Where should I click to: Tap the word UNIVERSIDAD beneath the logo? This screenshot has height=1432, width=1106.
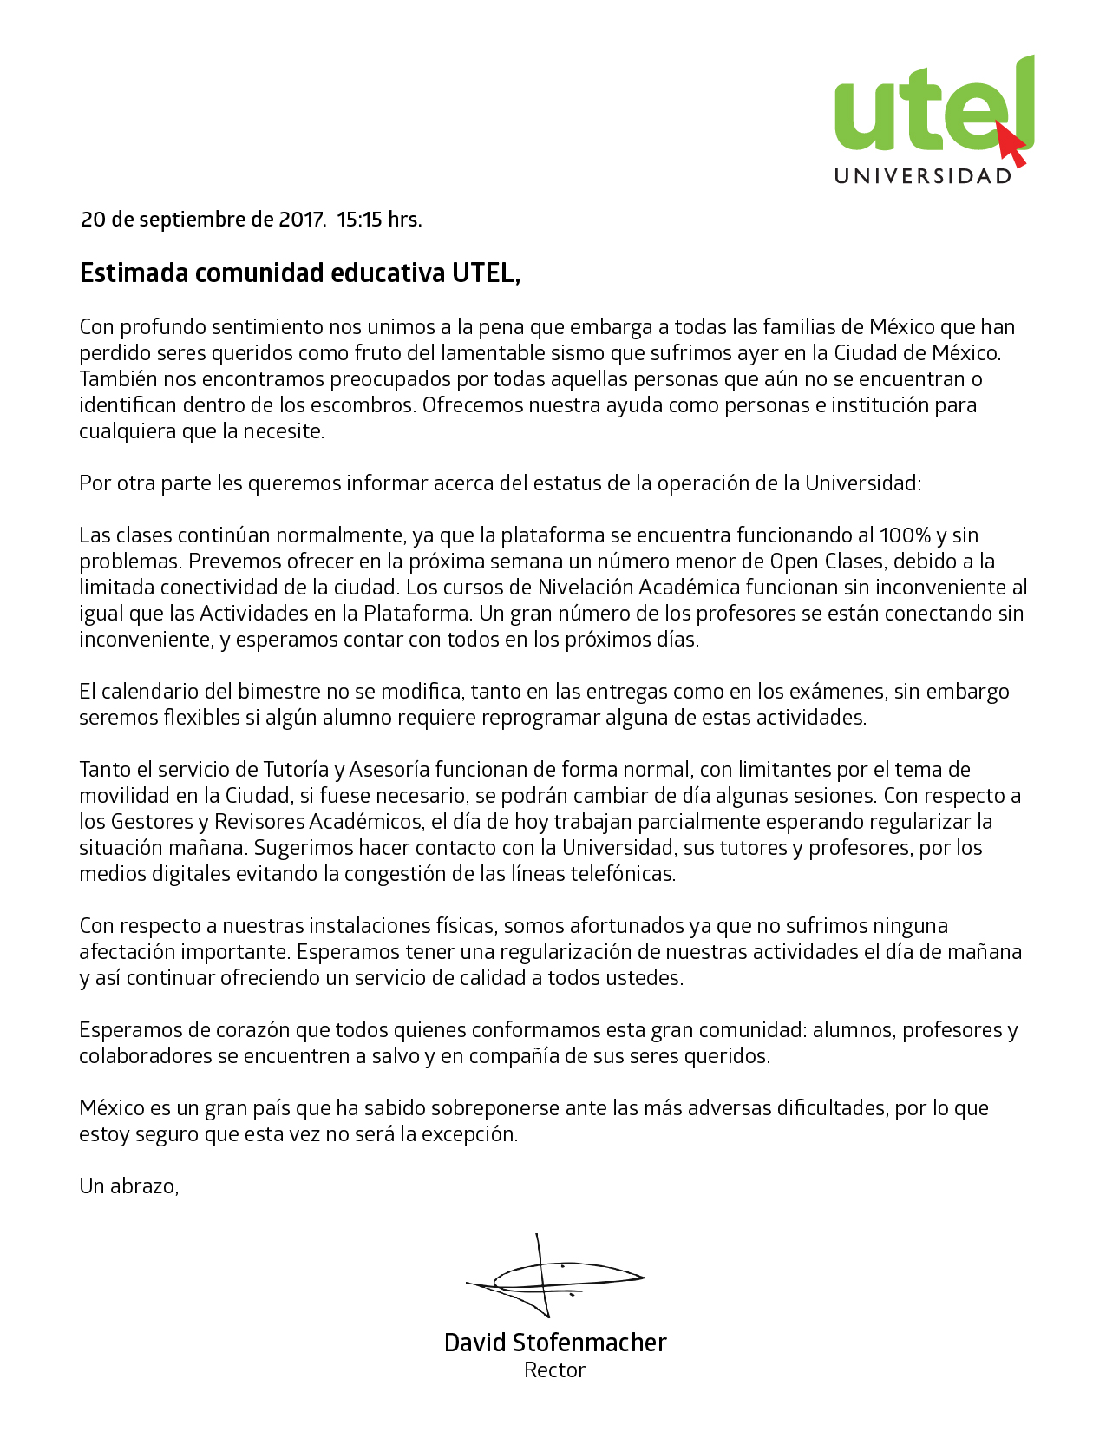[x=923, y=176]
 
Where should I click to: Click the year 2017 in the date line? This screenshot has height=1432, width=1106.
[x=301, y=220]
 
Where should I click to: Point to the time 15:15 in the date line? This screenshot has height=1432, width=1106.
[x=359, y=220]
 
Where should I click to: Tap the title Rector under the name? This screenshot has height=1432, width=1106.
[x=554, y=1370]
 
